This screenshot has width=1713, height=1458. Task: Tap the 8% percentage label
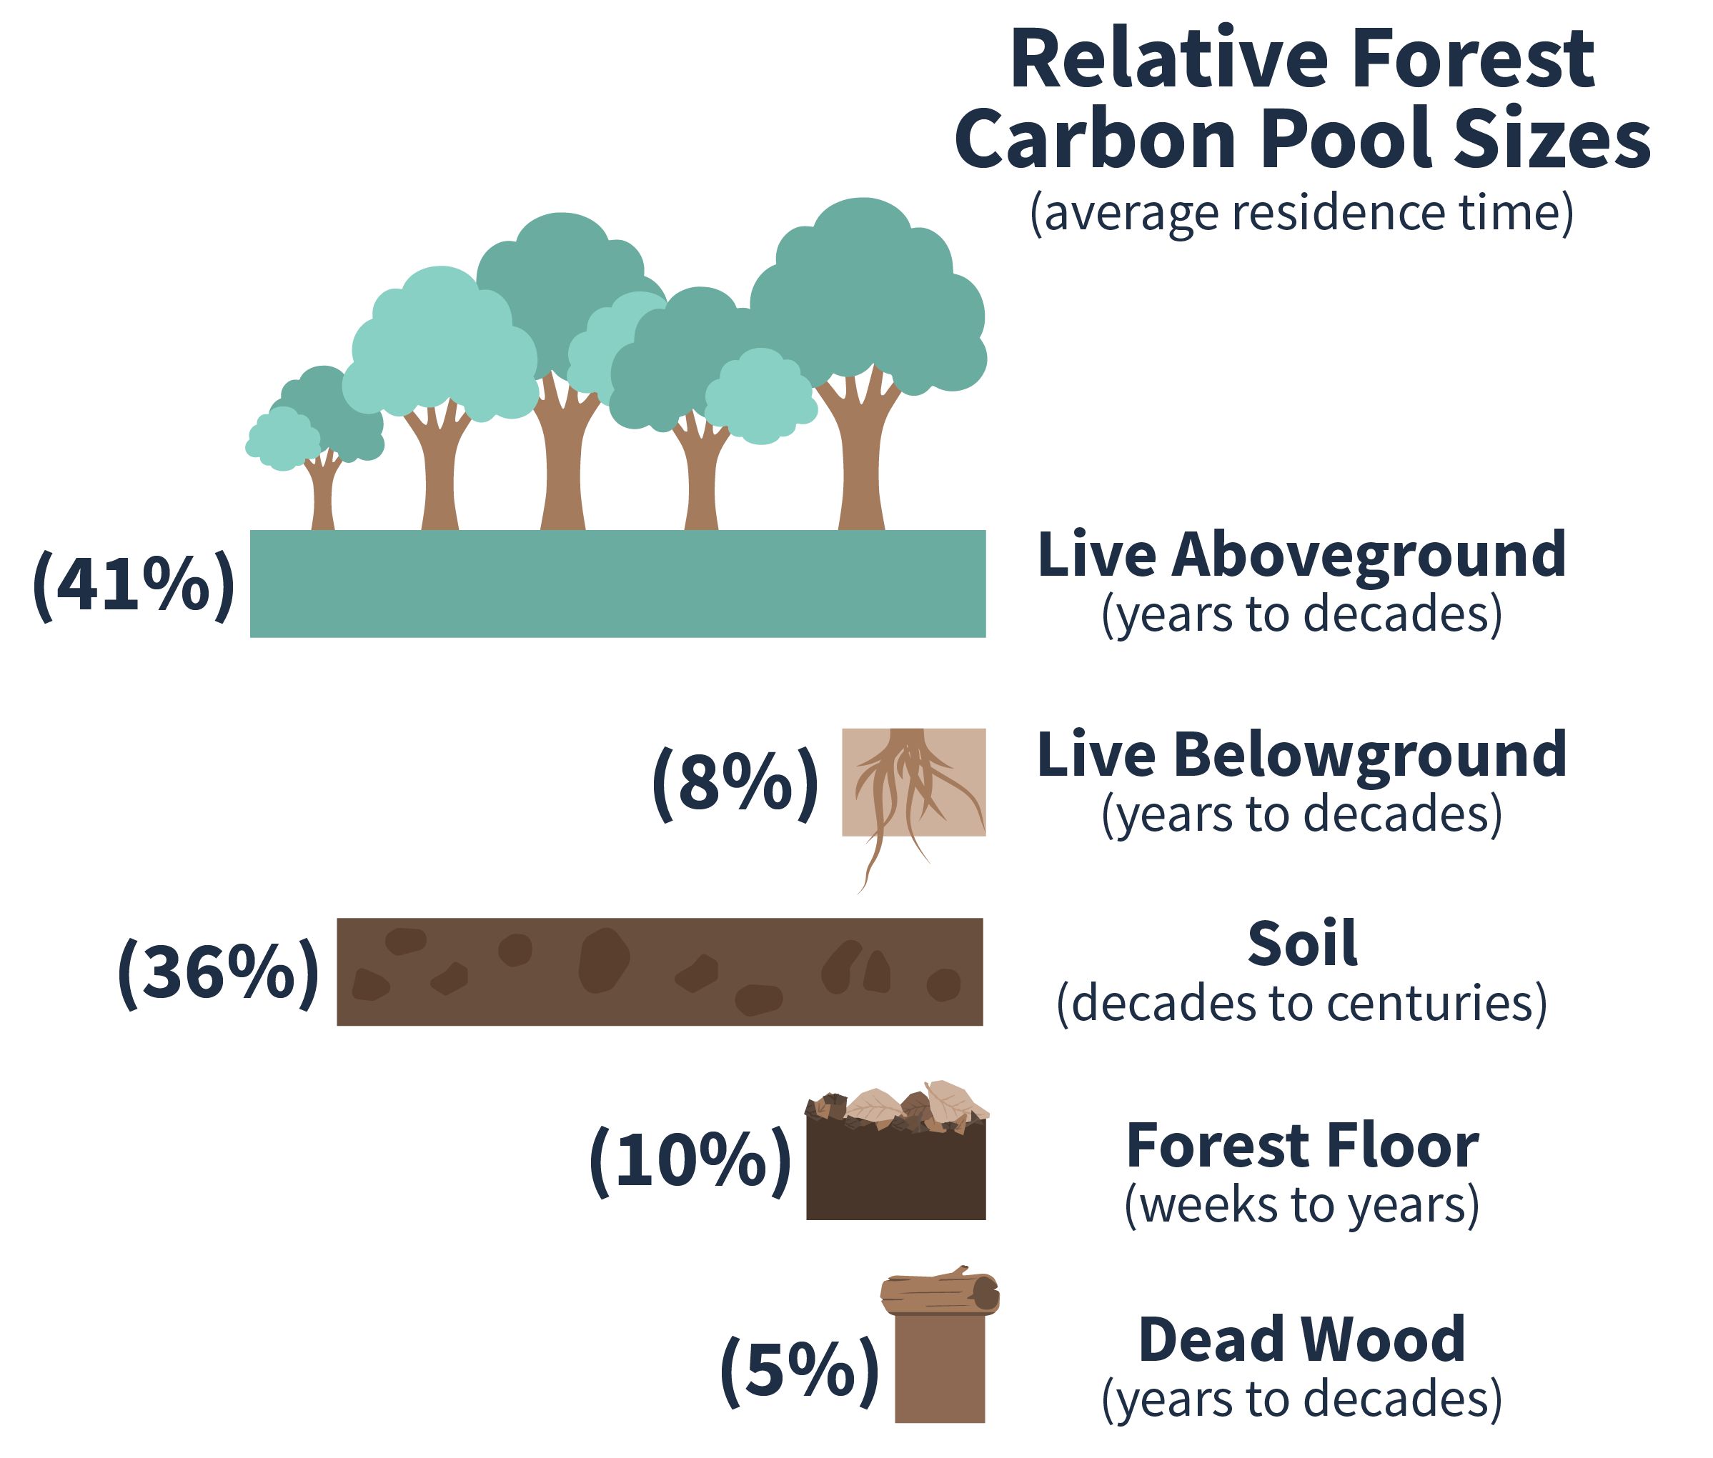(x=735, y=784)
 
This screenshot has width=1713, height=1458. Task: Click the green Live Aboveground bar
(x=617, y=584)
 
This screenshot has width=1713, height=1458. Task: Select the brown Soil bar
(x=659, y=972)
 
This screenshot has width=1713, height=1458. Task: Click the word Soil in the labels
(x=1301, y=944)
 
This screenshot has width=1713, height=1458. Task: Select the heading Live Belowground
(x=1301, y=754)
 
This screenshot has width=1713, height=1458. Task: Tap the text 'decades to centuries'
(x=1301, y=1004)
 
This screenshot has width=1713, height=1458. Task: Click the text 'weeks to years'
(x=1301, y=1205)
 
